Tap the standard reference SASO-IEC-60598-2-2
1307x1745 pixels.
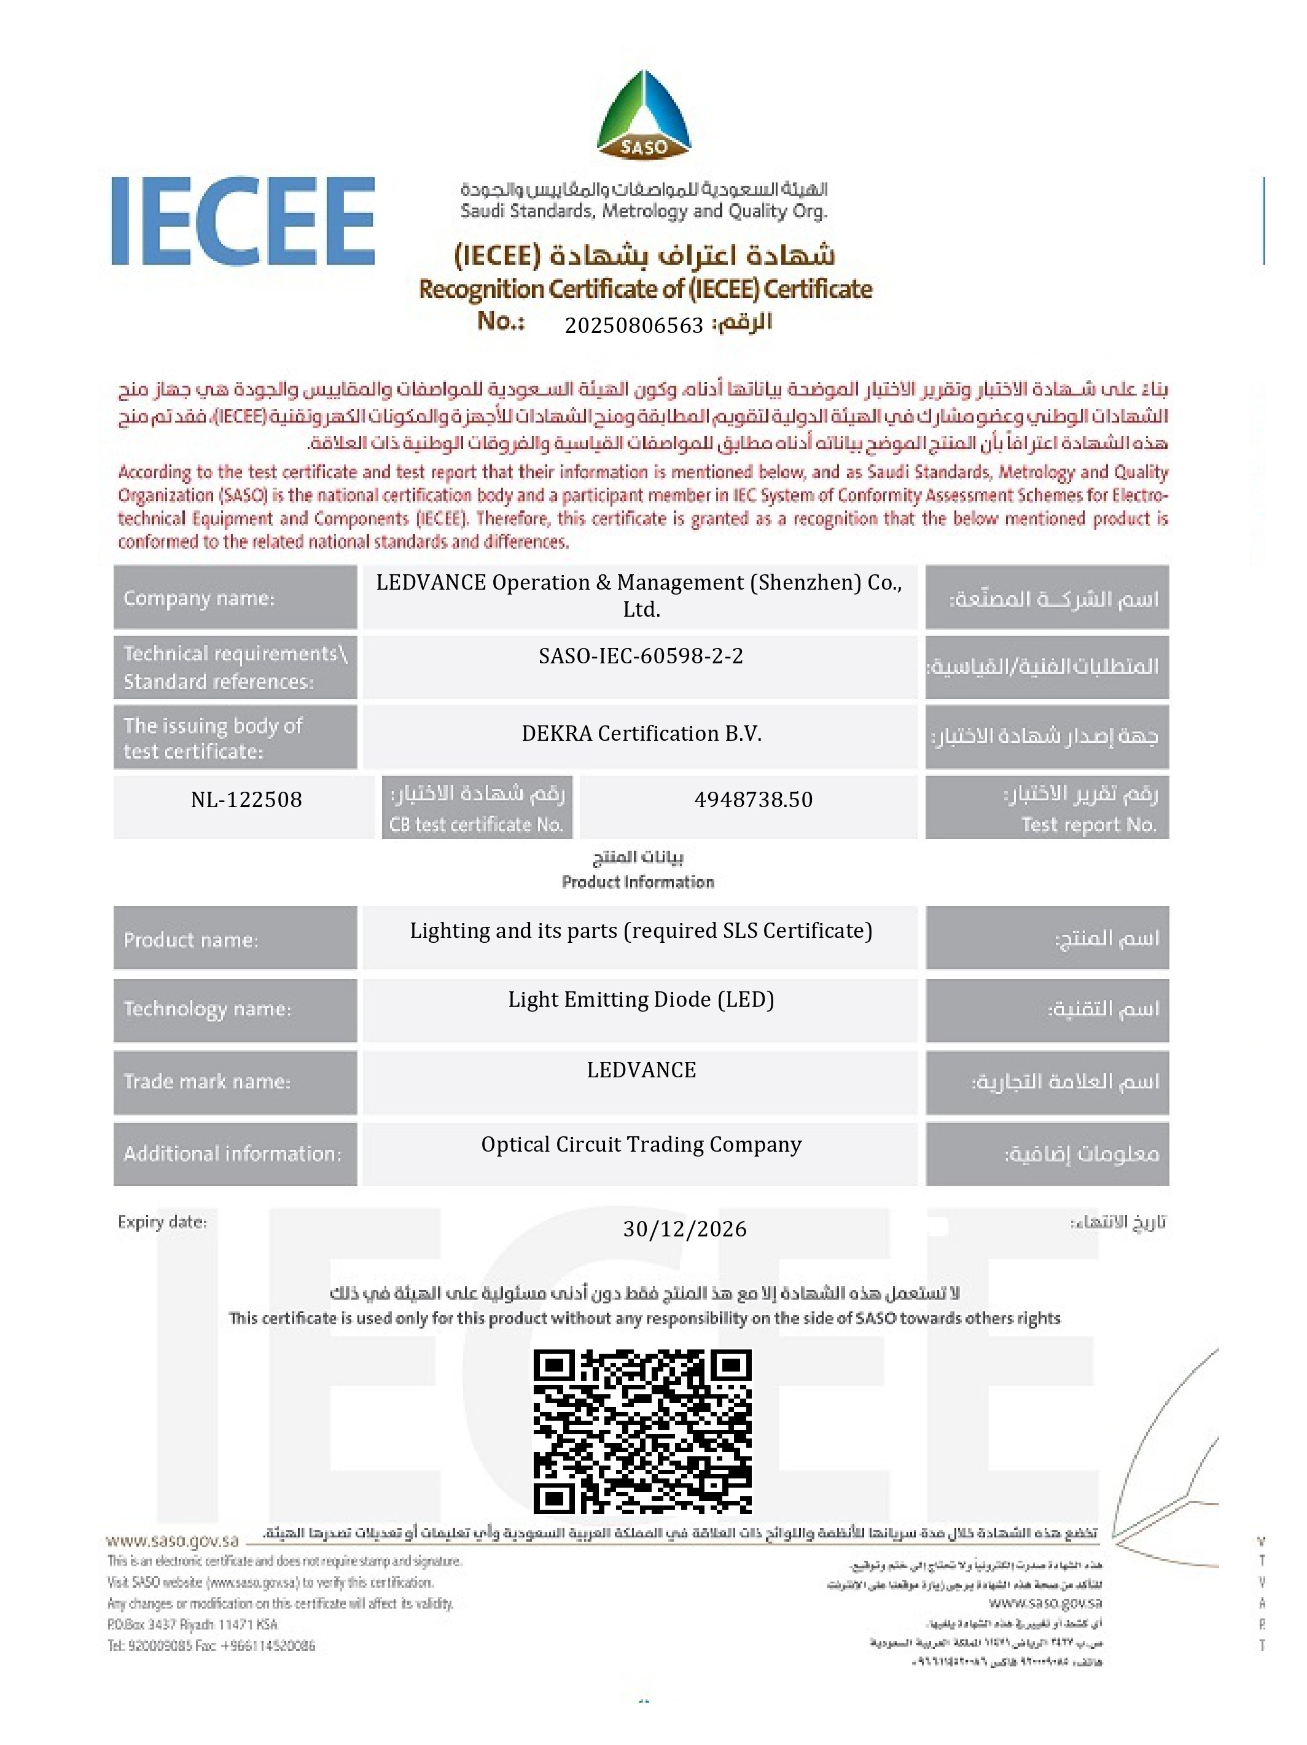641,655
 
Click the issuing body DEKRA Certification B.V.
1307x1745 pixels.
641,733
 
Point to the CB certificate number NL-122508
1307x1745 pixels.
246,799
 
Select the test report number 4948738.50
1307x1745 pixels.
753,799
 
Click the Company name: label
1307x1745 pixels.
199,598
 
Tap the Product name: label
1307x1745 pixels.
191,940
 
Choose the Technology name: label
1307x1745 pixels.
206,1009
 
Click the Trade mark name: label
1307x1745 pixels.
206,1081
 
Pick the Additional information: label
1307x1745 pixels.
233,1154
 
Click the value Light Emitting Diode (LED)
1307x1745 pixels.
641,999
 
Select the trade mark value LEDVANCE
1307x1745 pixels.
641,1070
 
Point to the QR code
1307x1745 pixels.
642,1431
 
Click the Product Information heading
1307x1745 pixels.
638,881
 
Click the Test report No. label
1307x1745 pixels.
1088,824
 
